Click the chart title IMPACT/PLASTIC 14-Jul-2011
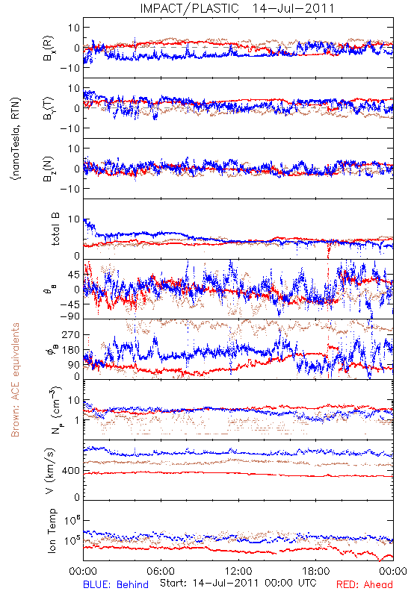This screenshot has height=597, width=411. click(x=237, y=8)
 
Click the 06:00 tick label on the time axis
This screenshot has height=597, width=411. click(x=161, y=571)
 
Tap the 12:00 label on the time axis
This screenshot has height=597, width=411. click(x=238, y=571)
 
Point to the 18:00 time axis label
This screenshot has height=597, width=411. click(x=316, y=571)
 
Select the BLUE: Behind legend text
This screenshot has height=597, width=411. click(x=116, y=584)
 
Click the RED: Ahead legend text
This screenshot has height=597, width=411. click(x=364, y=584)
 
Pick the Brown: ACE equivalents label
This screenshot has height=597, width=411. click(x=15, y=380)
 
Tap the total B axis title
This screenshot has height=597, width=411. click(x=55, y=229)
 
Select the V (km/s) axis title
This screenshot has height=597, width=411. click(x=50, y=471)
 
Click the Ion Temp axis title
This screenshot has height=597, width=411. click(x=52, y=531)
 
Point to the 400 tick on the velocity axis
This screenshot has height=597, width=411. click(x=71, y=471)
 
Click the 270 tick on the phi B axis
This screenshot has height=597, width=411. click(x=71, y=334)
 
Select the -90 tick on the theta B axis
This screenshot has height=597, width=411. click(x=70, y=316)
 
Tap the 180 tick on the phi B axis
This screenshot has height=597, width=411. click(x=71, y=350)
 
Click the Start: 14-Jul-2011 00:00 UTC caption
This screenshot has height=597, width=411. click(x=238, y=583)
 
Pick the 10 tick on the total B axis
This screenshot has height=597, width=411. click(x=74, y=219)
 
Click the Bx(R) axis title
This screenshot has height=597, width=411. click(x=49, y=49)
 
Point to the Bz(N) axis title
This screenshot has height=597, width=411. click(x=49, y=169)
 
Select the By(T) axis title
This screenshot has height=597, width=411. click(x=49, y=108)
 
